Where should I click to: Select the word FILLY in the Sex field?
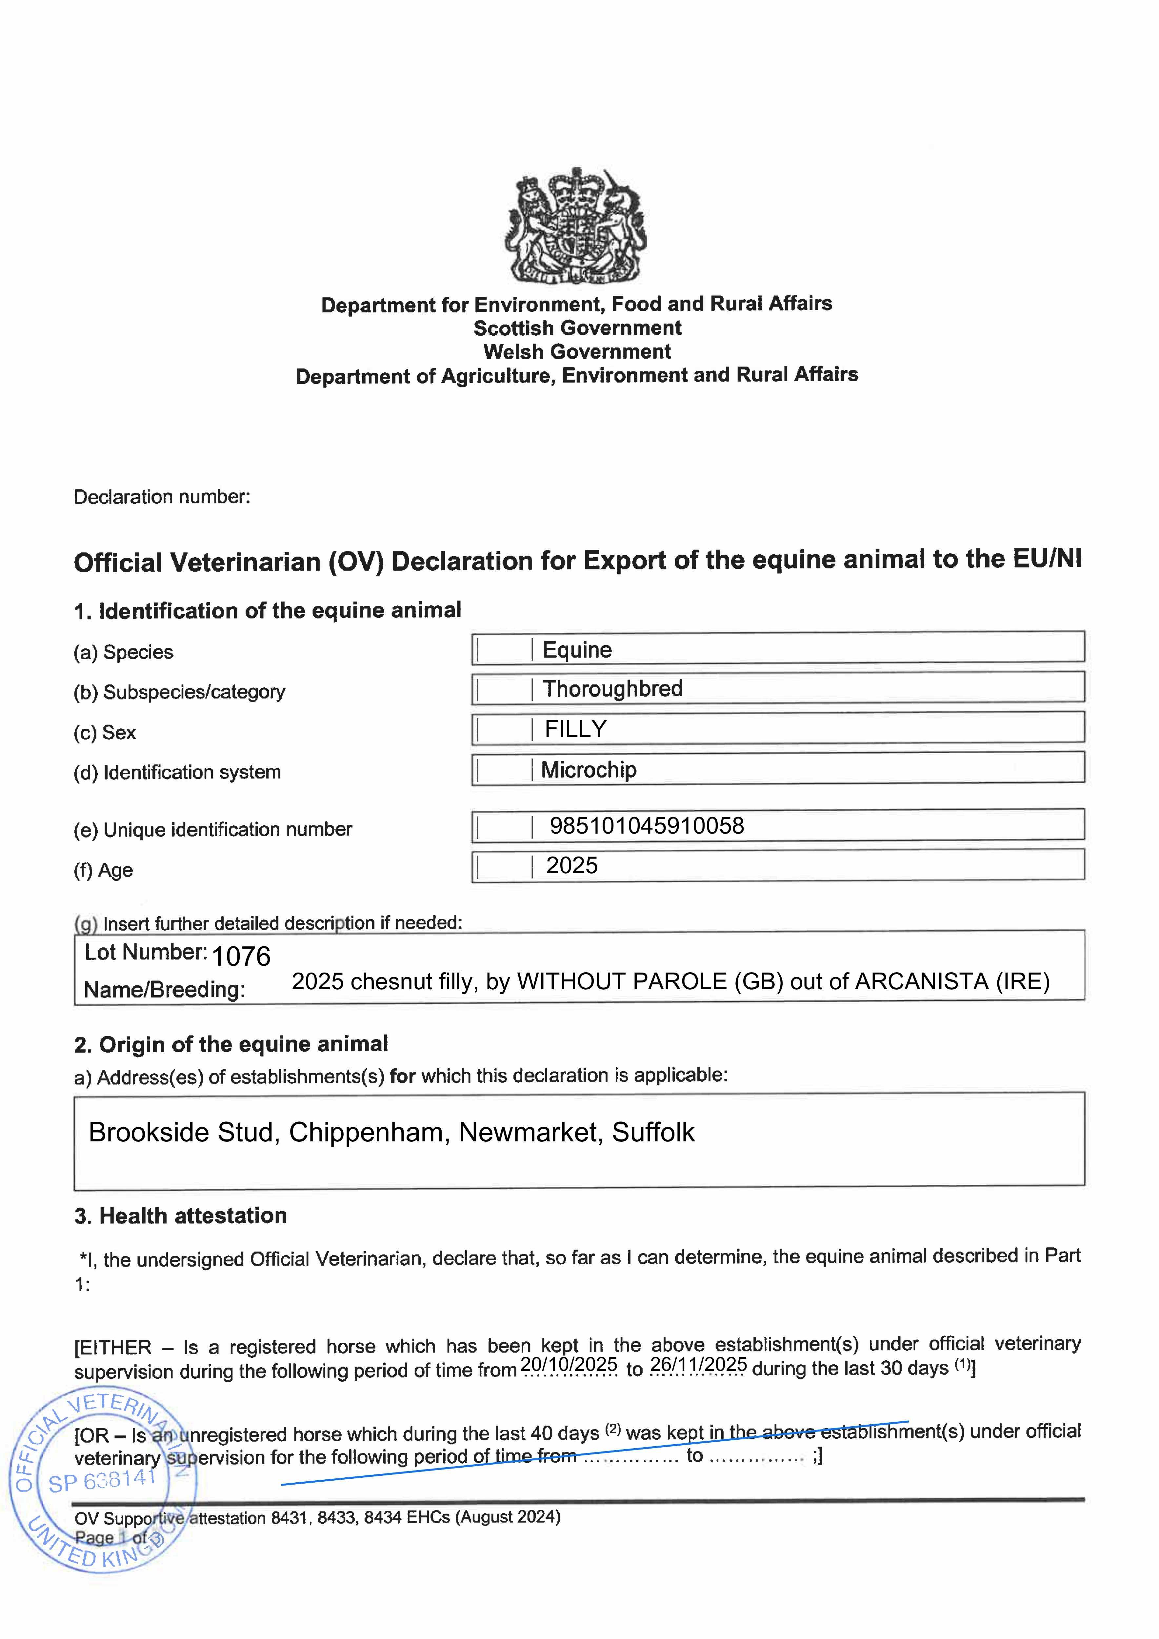coord(576,729)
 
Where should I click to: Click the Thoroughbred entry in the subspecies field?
coord(613,689)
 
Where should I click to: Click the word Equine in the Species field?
coord(577,650)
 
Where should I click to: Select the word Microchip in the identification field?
coord(589,770)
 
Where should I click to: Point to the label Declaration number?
coord(162,497)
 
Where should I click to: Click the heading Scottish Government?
coord(577,328)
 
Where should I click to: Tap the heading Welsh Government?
coord(577,352)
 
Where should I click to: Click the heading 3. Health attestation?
coord(181,1216)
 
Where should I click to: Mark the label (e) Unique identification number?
coord(213,829)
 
